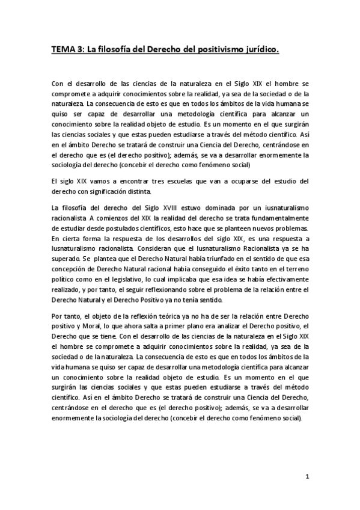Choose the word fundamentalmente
pyautogui.click(x=275, y=217)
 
